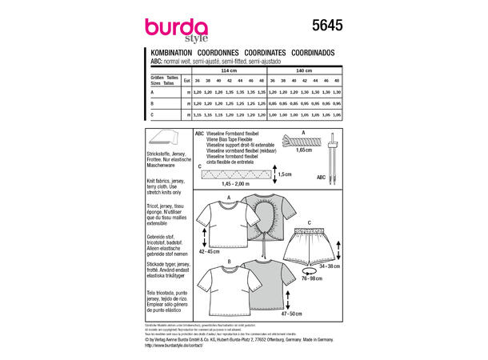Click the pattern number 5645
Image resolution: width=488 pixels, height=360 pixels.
coord(326,27)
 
